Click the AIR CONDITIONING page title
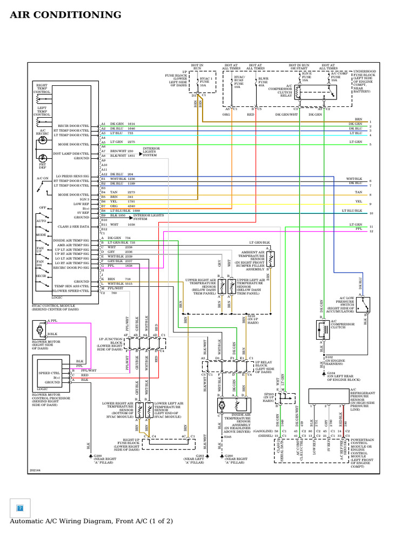(x=65, y=15)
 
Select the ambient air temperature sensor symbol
(x=270, y=259)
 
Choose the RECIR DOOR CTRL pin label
(x=73, y=124)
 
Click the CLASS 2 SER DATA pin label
(x=73, y=226)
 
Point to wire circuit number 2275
(x=131, y=142)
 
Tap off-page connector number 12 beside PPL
(x=371, y=231)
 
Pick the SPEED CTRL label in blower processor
(x=49, y=373)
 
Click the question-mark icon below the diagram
(x=20, y=508)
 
